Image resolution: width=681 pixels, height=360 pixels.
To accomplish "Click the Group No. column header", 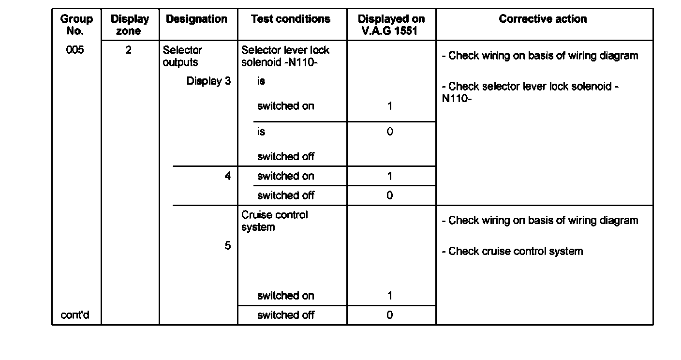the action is pos(76,25).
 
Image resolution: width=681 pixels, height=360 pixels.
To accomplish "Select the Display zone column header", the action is pos(130,25).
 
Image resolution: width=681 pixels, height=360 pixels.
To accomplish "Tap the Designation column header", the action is pos(196,19).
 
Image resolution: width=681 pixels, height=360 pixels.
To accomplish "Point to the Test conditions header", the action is pos(291,19).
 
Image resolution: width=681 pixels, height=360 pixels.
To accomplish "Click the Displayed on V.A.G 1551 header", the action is pos(391,25).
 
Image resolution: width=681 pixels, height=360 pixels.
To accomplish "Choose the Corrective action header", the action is pos(543,19).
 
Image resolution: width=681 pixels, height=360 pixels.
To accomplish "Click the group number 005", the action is pos(75,50).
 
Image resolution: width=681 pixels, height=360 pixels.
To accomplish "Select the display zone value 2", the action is pos(128,50).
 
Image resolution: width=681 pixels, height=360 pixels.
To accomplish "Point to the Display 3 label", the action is pos(208,81).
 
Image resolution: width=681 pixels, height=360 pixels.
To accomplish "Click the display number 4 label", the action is pos(227,176).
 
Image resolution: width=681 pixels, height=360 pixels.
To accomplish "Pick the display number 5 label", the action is pos(227,246).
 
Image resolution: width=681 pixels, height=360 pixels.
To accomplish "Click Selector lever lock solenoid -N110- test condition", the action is pos(285,56).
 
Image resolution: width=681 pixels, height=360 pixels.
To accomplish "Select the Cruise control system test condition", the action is pos(274,221).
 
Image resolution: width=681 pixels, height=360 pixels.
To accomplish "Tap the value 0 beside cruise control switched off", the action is pos(390,315).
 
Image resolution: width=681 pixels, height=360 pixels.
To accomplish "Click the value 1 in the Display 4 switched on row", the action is pos(390,176).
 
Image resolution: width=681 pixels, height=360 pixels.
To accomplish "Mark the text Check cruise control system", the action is pos(512,251).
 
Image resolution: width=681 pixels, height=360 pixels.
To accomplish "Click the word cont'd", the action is pos(75,315).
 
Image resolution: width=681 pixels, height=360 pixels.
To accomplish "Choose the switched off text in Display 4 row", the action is pos(285,195).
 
